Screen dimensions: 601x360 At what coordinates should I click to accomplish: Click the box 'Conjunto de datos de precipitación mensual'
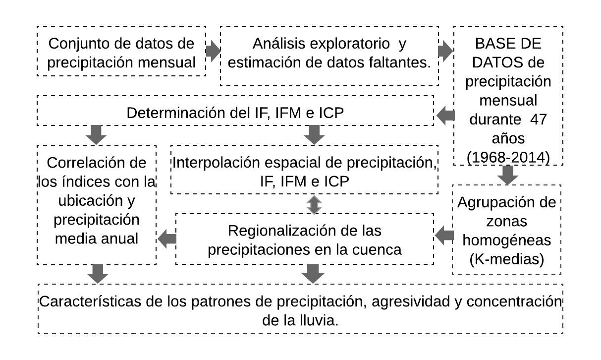121,51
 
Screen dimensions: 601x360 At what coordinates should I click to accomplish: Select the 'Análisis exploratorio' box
329,56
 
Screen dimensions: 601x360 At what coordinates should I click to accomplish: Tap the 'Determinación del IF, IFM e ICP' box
235,111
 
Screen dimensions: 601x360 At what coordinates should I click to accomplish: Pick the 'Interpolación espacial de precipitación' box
304,170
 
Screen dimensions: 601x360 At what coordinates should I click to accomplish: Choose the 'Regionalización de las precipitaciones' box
304,239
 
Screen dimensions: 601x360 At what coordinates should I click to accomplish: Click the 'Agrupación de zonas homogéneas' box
506,230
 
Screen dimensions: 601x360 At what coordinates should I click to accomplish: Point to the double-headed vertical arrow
314,204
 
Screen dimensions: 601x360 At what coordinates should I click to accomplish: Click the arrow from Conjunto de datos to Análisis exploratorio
213,51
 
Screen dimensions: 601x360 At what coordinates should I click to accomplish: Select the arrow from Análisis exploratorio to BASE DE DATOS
445,51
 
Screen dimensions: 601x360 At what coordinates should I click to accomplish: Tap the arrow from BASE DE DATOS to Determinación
445,116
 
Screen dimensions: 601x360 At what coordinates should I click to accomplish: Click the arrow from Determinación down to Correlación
96,134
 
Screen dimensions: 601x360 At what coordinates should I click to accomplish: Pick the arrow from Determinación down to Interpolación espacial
314,134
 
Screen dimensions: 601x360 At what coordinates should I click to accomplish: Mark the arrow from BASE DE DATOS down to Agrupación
507,175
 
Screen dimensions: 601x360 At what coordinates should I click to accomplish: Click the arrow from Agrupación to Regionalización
444,236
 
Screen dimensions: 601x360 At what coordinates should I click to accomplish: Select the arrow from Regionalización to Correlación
167,240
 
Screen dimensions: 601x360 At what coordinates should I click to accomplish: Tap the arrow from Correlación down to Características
98,273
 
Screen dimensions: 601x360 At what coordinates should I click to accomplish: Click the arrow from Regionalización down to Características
313,273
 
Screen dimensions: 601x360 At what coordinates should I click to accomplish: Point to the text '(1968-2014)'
508,157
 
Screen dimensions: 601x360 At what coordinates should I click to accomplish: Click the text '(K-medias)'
506,259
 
